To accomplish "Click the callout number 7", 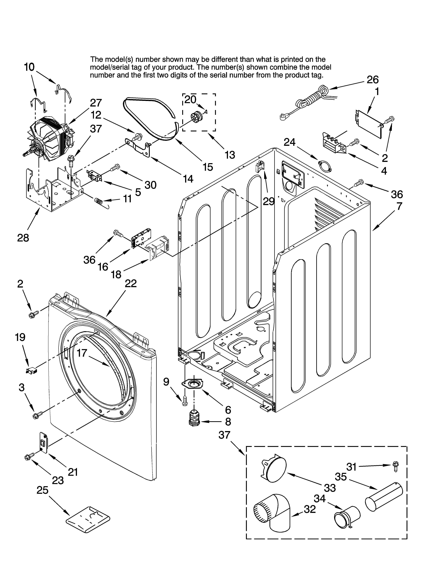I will (x=399, y=206).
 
